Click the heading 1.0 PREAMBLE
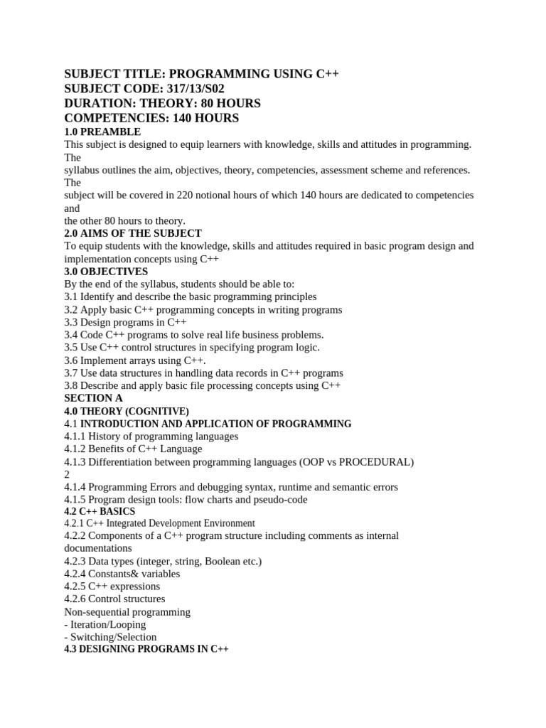(x=102, y=132)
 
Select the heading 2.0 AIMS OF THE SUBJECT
(x=133, y=233)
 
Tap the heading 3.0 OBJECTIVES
(x=106, y=272)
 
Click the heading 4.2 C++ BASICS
(x=100, y=512)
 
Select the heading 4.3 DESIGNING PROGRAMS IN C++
(x=146, y=650)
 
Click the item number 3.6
(x=71, y=360)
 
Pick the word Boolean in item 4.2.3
(x=223, y=561)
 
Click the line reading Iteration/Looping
(x=107, y=624)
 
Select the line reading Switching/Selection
(x=112, y=637)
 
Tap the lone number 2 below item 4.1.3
(x=67, y=474)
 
